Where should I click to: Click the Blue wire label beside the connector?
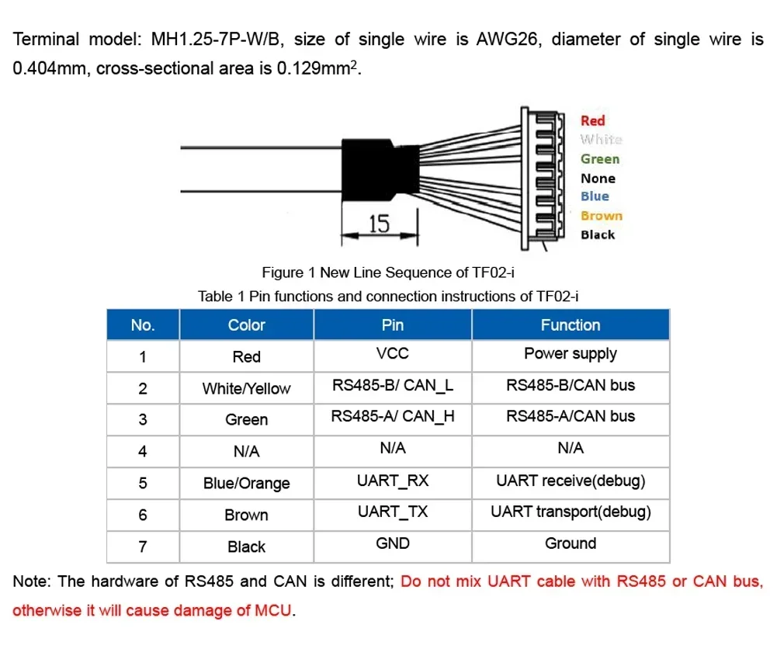point(595,196)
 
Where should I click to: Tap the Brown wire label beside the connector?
point(602,216)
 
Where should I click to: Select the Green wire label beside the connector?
point(600,159)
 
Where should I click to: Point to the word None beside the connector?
point(598,179)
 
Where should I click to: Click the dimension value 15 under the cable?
point(379,224)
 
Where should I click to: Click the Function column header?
point(571,325)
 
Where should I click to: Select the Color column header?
point(246,325)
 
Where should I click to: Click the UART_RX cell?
point(393,481)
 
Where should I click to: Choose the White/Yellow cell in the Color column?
point(246,388)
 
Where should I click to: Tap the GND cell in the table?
point(393,543)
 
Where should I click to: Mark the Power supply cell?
point(571,354)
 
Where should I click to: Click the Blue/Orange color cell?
point(246,484)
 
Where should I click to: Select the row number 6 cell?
point(143,515)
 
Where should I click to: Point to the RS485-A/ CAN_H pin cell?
point(393,417)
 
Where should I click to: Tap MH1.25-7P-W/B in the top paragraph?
point(217,39)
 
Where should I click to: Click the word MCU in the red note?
point(273,610)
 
